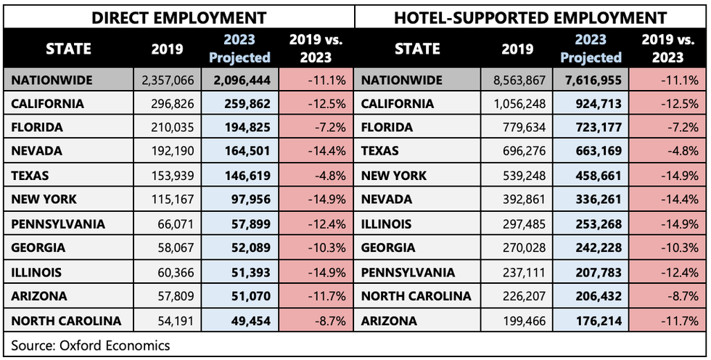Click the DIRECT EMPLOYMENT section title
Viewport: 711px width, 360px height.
pos(178,17)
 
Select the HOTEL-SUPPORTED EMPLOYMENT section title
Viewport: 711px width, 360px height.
pos(530,17)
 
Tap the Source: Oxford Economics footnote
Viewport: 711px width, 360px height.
pos(91,345)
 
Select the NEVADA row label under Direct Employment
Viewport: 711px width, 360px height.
pos(37,151)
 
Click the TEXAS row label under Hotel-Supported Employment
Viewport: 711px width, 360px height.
pos(382,151)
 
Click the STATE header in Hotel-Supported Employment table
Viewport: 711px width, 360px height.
pos(418,49)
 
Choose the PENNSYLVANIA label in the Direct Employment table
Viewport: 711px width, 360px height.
pos(58,224)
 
